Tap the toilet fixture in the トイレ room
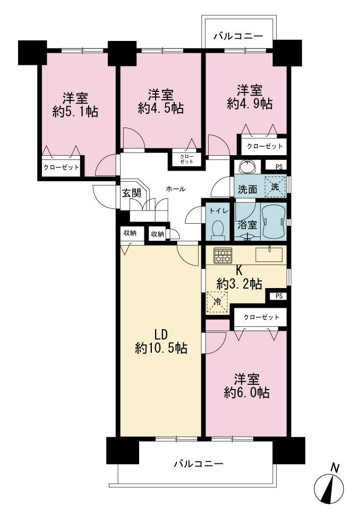click(218, 230)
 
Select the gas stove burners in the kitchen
click(223, 255)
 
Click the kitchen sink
click(269, 255)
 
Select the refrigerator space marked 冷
click(217, 302)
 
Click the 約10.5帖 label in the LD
click(161, 348)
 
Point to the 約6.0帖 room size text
click(247, 392)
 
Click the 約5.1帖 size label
click(75, 112)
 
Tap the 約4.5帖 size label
click(160, 108)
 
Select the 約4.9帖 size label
click(250, 104)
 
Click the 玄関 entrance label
click(132, 193)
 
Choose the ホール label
click(176, 189)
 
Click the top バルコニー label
click(238, 36)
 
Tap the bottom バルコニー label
click(199, 463)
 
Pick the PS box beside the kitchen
click(279, 296)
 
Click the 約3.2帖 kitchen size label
click(239, 283)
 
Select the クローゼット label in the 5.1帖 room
click(62, 167)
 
